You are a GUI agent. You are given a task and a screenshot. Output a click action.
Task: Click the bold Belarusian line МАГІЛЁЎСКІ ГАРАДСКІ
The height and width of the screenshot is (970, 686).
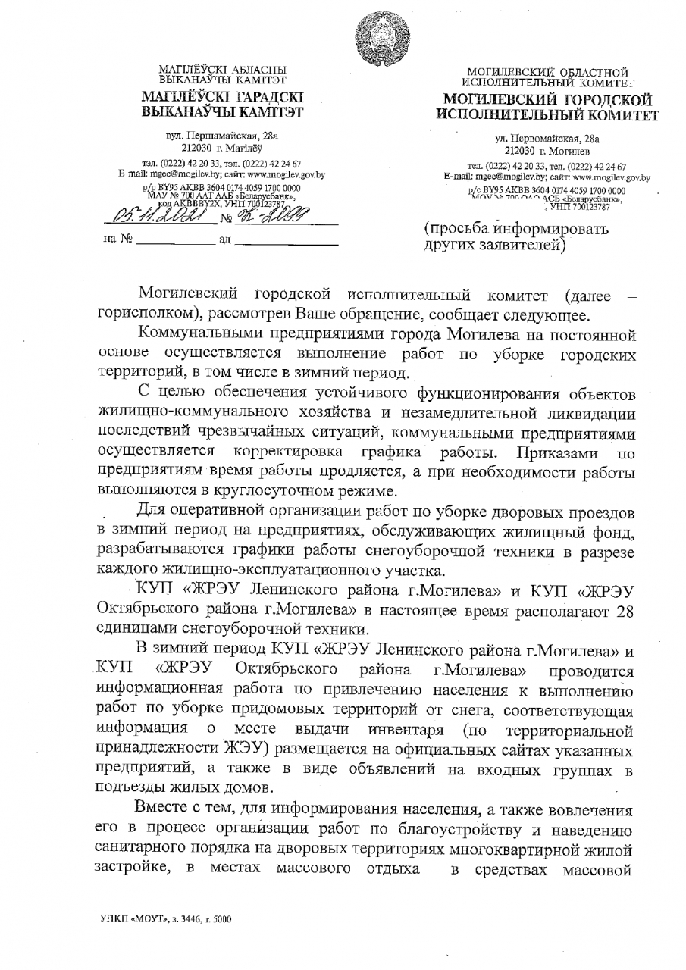pos(222,98)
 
